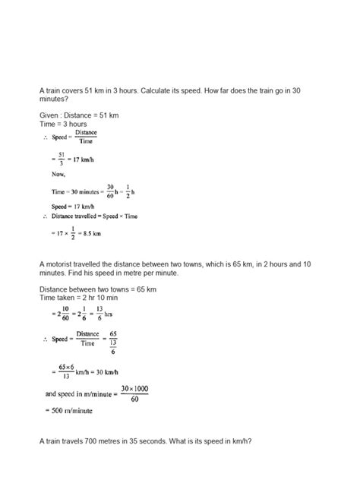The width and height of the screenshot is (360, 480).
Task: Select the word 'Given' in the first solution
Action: coord(52,115)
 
